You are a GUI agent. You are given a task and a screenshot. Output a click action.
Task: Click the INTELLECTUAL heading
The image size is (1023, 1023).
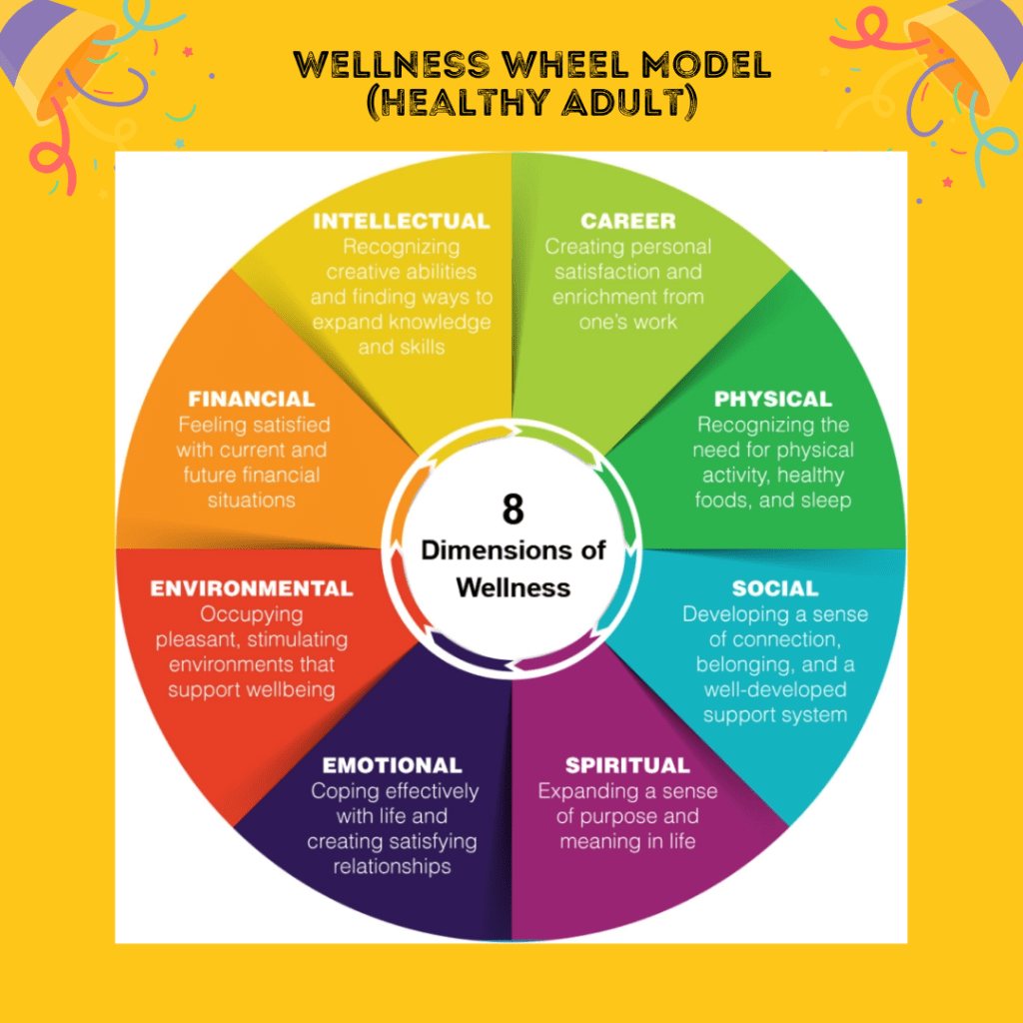click(x=401, y=221)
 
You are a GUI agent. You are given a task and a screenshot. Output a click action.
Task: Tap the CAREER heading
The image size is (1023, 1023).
click(x=627, y=221)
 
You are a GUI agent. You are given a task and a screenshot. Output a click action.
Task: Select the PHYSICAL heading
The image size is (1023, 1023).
click(x=772, y=400)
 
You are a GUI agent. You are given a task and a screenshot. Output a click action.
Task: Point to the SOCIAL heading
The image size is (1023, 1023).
click(x=774, y=588)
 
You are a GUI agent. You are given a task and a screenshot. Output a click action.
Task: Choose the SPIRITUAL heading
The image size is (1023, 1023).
click(x=626, y=766)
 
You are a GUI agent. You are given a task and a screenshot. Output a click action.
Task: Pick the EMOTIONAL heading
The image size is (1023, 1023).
click(x=392, y=766)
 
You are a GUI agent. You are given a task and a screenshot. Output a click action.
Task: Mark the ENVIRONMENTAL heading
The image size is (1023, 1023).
click(x=251, y=588)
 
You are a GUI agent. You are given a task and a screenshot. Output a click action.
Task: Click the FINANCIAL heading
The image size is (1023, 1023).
click(x=251, y=400)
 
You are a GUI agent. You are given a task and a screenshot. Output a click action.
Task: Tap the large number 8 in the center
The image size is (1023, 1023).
click(x=512, y=510)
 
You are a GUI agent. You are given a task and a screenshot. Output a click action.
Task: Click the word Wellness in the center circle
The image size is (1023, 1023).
click(x=512, y=586)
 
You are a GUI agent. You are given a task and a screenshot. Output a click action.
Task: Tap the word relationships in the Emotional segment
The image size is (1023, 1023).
click(x=392, y=867)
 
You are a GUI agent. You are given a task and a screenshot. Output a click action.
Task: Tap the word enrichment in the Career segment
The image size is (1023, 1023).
click(x=598, y=297)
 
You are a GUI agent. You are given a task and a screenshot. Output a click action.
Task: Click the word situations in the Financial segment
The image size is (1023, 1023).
click(x=251, y=501)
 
